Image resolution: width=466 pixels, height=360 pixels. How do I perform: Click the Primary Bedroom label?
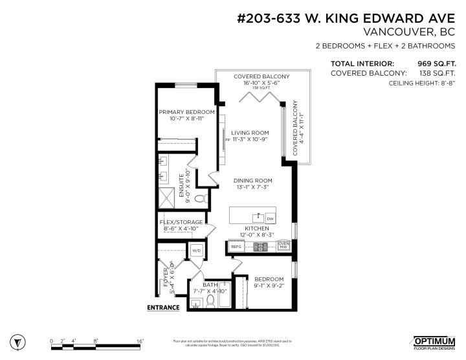pyautogui.click(x=187, y=112)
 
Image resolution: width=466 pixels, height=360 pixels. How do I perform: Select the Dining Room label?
pyautogui.click(x=254, y=181)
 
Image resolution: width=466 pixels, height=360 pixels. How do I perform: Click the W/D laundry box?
pyautogui.click(x=196, y=250)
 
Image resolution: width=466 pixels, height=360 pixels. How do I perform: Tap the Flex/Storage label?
pyautogui.click(x=181, y=222)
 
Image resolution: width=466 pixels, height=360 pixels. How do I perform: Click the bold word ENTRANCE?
pyautogui.click(x=163, y=308)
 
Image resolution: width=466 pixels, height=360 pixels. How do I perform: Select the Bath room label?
pyautogui.click(x=210, y=284)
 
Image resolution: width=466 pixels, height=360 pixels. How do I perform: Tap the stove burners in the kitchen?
pyautogui.click(x=261, y=246)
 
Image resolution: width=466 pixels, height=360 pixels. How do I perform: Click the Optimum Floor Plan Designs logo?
pyautogui.click(x=434, y=341)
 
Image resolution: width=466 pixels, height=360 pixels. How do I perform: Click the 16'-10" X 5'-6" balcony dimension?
pyautogui.click(x=261, y=83)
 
